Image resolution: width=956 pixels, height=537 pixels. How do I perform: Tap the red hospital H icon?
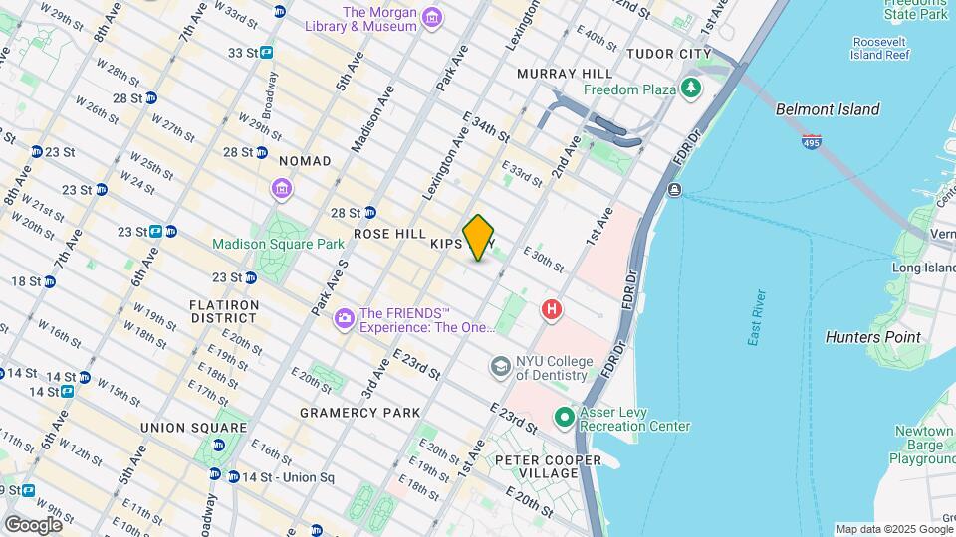point(551,311)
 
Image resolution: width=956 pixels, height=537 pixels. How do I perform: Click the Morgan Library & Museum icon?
point(431,19)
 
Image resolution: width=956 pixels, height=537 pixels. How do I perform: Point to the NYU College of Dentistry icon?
point(500,368)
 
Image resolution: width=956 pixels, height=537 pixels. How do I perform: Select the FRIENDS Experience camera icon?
point(345,317)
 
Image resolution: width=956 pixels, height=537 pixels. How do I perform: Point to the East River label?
point(758,318)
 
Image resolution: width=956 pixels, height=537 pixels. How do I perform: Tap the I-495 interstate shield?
point(811,143)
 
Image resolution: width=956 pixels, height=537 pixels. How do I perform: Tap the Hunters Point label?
point(873,337)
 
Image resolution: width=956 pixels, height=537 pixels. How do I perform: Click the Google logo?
point(33,524)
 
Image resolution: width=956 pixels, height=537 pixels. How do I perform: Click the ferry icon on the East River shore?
point(675,190)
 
